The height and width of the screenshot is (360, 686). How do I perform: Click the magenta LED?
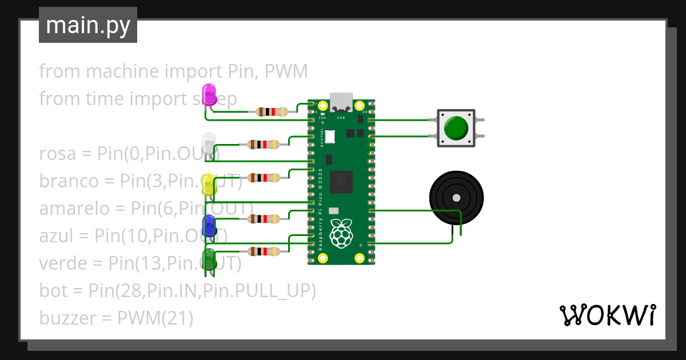pos(209,94)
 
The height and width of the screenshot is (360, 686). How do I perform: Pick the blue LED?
pos(209,226)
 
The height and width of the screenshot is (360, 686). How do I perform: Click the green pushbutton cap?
pos(456,128)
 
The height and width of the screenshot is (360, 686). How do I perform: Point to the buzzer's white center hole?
pos(456,198)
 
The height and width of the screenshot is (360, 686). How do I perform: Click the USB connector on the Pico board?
pos(342,102)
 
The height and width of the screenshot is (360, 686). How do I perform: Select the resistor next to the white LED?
pos(263,145)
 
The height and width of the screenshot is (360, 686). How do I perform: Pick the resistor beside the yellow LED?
pos(263,178)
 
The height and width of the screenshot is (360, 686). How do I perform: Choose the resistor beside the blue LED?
pos(263,218)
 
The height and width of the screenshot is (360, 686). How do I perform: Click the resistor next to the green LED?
pos(263,251)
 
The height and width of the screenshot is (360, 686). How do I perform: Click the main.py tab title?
pos(88,25)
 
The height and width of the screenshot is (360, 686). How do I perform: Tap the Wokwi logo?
pos(607,315)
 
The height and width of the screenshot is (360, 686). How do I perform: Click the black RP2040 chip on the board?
pos(342,181)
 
